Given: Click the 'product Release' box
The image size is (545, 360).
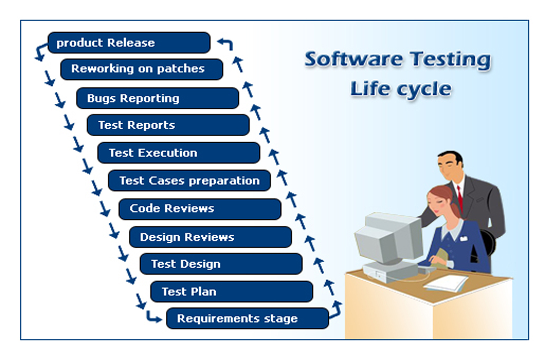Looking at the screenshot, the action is (x=129, y=43).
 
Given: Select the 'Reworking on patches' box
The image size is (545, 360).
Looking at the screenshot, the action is (x=142, y=69).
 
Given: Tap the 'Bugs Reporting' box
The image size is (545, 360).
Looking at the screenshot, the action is (x=158, y=98).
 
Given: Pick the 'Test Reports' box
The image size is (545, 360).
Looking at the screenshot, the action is (x=168, y=125).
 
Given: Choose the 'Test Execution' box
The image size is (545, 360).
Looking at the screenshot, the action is (x=179, y=153).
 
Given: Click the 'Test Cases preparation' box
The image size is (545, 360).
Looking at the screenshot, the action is (x=189, y=180).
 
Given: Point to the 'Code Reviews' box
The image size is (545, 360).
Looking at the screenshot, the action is (x=200, y=209).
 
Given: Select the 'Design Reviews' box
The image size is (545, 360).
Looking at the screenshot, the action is (x=211, y=237).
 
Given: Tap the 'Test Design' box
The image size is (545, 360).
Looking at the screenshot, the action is (x=221, y=264).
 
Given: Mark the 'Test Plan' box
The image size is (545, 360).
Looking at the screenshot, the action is (x=232, y=292).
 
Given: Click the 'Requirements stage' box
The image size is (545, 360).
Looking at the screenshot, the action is (x=248, y=318).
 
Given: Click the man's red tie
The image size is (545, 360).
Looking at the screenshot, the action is (x=460, y=198).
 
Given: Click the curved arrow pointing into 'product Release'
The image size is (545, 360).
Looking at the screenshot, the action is (x=226, y=43).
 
